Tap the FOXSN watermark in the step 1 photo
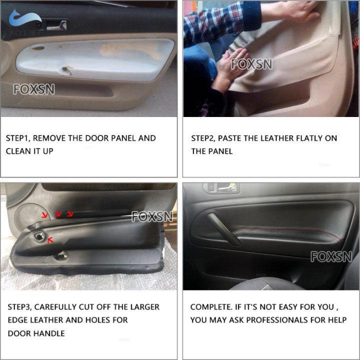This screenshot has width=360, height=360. (34, 90)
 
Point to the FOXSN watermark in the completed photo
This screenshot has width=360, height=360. (331, 256)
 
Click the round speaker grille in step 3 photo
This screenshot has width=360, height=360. (23, 216)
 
